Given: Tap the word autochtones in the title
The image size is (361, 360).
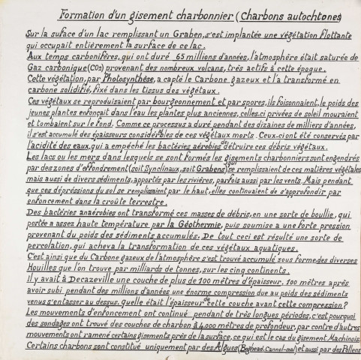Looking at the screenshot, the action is (313, 16).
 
